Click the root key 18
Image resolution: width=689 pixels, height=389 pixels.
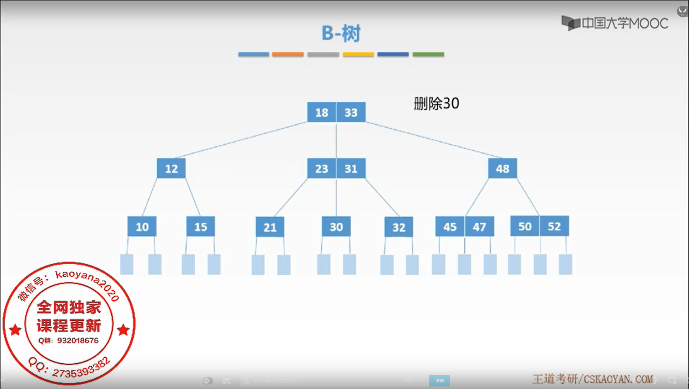(x=322, y=112)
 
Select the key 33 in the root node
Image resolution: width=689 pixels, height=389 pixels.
(x=351, y=112)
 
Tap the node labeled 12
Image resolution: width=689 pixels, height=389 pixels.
(x=171, y=169)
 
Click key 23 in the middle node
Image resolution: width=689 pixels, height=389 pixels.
(x=322, y=169)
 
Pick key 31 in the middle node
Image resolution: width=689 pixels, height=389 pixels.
(x=351, y=169)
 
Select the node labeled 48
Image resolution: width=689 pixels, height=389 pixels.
(x=502, y=169)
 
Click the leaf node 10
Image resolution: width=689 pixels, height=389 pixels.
(x=142, y=227)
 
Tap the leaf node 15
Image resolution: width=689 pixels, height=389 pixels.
(x=201, y=227)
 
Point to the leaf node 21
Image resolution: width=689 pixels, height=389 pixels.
(x=270, y=227)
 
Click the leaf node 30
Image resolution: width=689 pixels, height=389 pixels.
(x=336, y=227)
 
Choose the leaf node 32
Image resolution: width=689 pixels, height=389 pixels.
(x=399, y=227)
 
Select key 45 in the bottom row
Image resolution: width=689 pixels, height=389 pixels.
(x=450, y=227)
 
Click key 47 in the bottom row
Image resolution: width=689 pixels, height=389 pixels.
(x=479, y=227)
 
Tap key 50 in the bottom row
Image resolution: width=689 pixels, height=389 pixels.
(x=525, y=226)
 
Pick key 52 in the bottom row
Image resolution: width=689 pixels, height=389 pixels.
(x=554, y=226)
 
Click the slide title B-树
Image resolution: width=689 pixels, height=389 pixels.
(x=341, y=33)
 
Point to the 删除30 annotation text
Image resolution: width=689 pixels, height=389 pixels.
(x=436, y=104)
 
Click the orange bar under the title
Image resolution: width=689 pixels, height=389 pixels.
(x=288, y=54)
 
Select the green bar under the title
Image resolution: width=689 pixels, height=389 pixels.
(x=428, y=54)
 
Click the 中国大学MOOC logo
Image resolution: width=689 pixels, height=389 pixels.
(x=615, y=23)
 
